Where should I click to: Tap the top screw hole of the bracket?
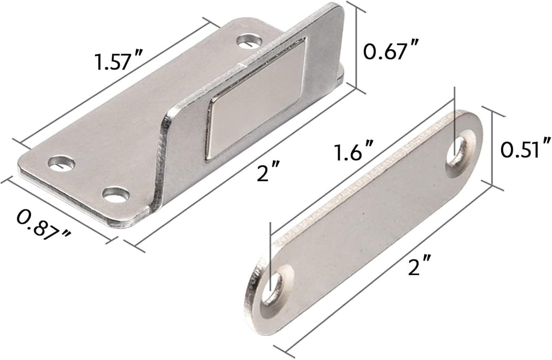click(x=251, y=41)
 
